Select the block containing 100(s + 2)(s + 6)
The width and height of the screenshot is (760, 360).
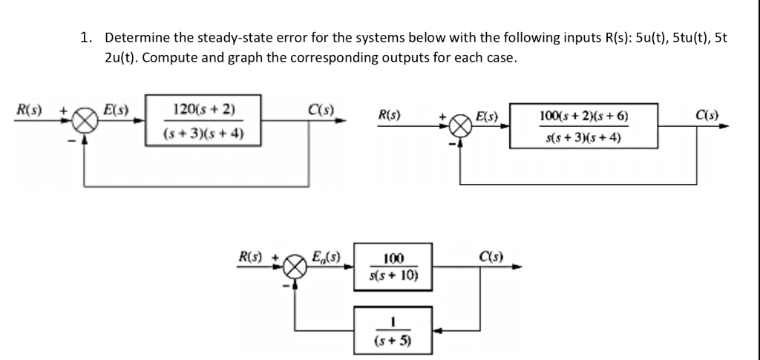pos(585,126)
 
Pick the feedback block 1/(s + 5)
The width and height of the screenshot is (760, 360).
pos(393,332)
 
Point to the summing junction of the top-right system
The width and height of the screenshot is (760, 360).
pos(461,126)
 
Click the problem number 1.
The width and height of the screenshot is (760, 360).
pos(85,36)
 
